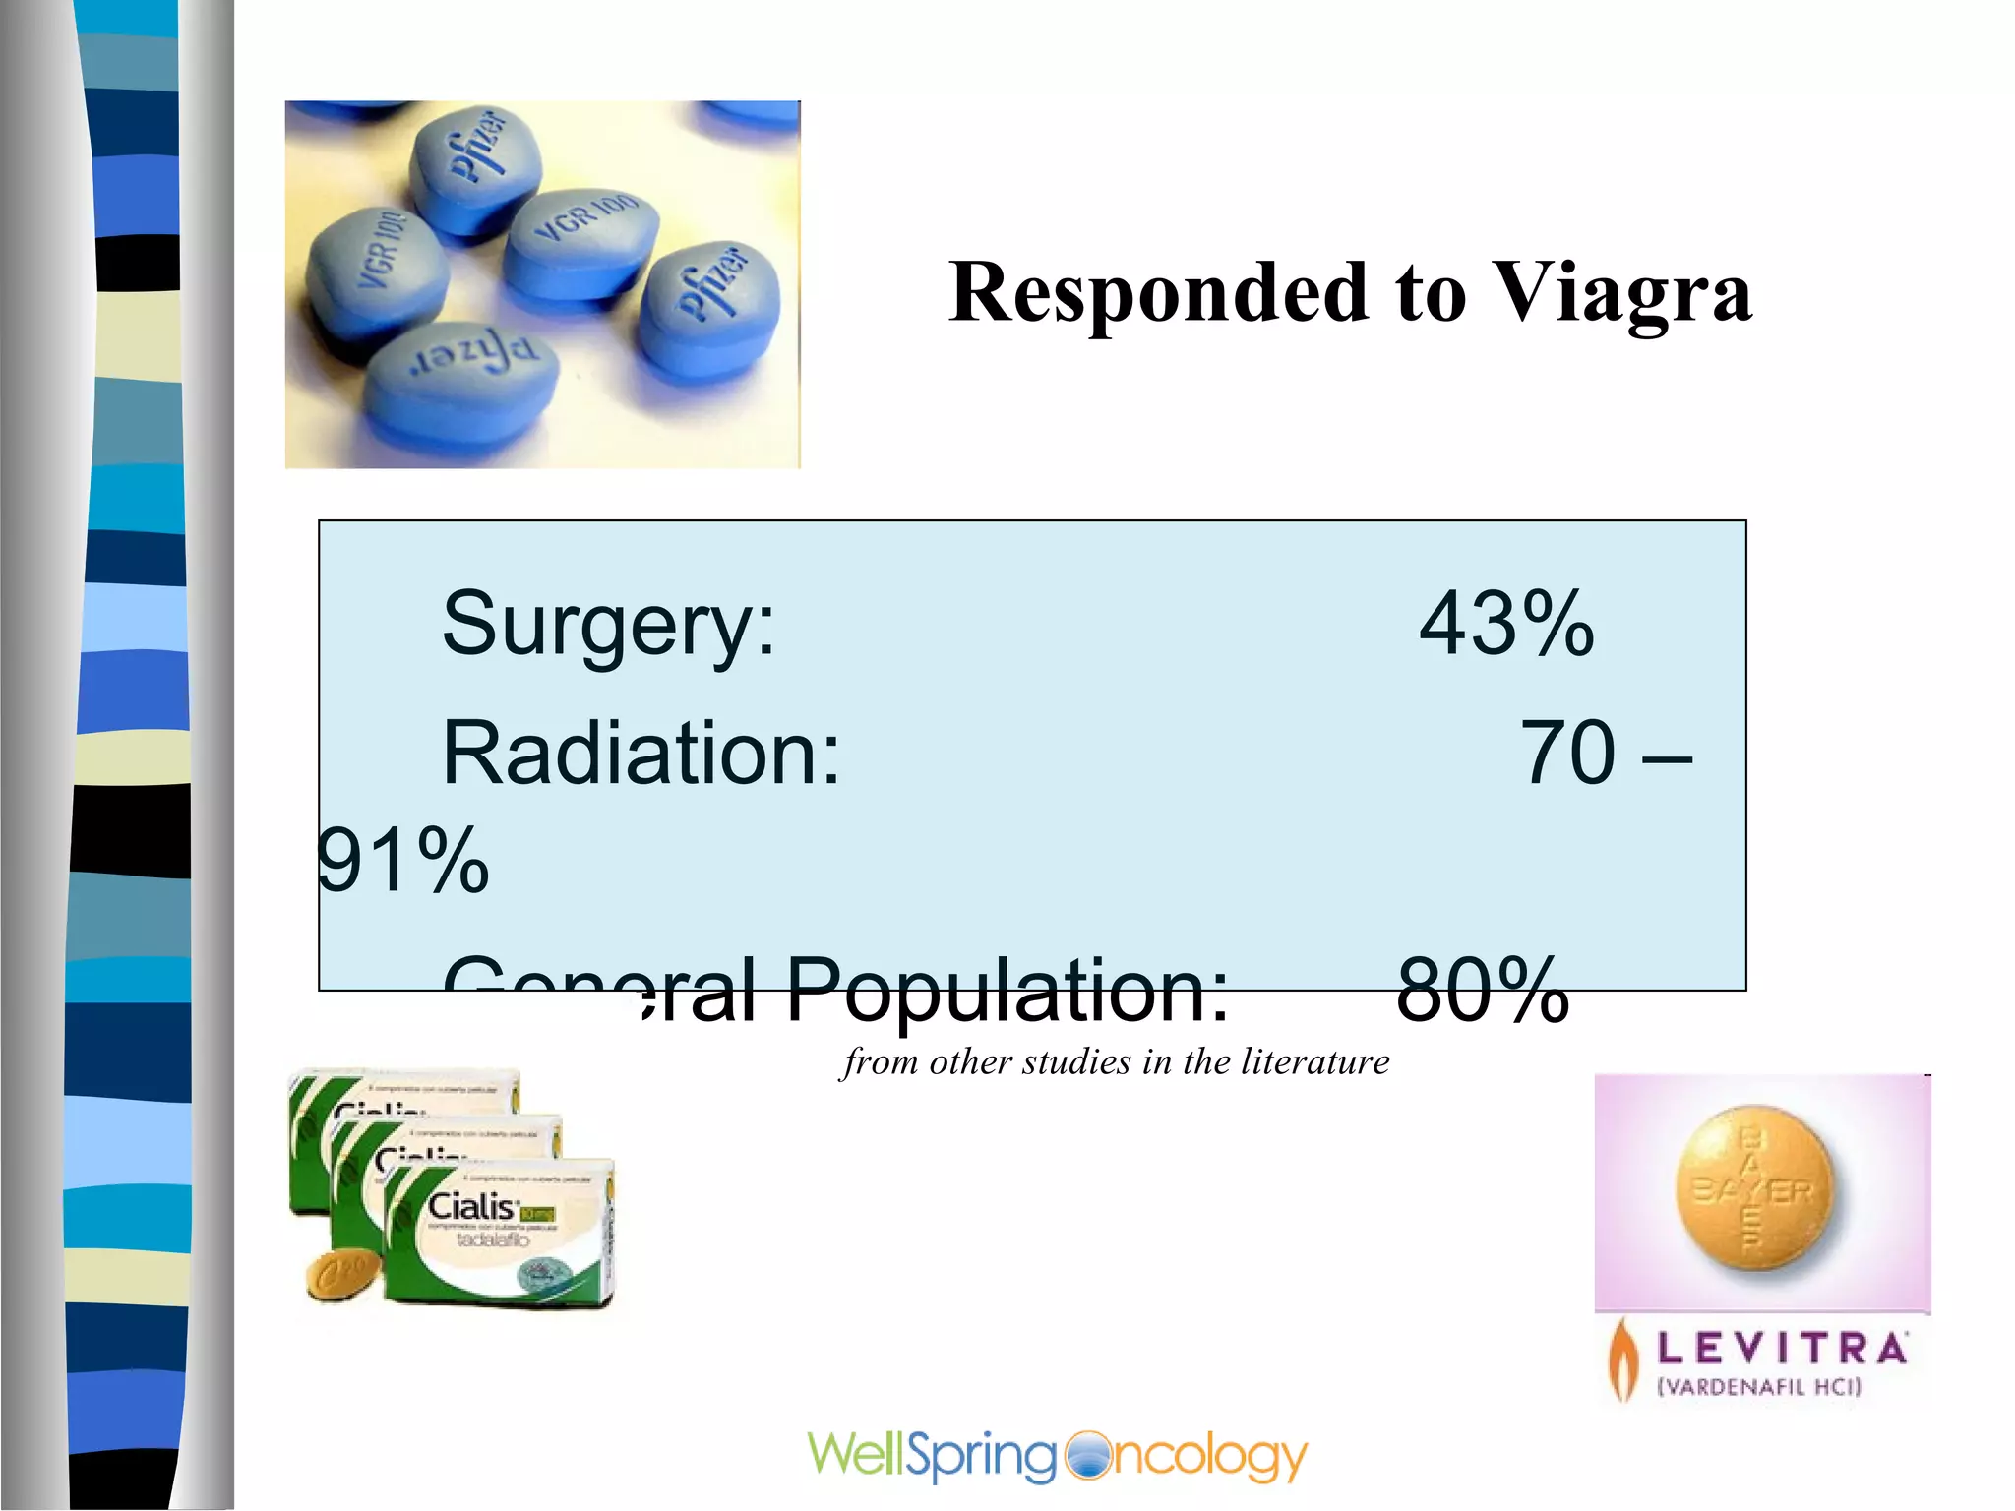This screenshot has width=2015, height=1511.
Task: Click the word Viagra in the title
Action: click(x=1622, y=293)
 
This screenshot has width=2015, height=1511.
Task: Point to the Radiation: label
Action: click(x=641, y=754)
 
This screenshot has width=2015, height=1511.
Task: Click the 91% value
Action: click(x=403, y=862)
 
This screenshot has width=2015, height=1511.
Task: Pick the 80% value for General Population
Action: click(x=1482, y=990)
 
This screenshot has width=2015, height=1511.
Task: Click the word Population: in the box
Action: click(x=1007, y=990)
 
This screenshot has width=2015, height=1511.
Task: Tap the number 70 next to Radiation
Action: click(x=1568, y=754)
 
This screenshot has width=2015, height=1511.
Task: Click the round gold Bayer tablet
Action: click(x=1755, y=1190)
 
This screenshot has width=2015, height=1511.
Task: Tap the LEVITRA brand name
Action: click(x=1782, y=1349)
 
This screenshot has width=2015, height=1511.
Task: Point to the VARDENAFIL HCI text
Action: click(x=1760, y=1387)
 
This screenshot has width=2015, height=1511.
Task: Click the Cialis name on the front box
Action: click(x=472, y=1207)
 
